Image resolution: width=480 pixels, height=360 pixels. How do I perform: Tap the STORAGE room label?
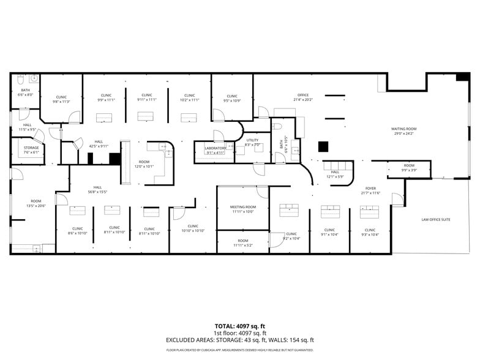31,148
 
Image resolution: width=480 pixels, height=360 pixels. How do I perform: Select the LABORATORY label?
216,148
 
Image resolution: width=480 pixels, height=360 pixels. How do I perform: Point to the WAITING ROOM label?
403,129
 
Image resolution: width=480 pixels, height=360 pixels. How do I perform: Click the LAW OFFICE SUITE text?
435,219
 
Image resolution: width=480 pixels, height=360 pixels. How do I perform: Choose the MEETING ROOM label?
242,207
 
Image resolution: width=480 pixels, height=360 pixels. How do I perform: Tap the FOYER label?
370,188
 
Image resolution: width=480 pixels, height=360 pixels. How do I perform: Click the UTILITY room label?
252,140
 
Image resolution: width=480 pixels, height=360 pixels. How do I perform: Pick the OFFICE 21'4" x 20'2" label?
302,95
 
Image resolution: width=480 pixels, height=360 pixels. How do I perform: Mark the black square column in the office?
323,146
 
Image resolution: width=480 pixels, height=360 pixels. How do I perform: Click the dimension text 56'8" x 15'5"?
97,192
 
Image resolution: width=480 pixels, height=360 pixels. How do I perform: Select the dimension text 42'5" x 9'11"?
99,146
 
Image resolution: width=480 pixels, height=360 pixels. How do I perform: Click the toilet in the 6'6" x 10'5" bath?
277,127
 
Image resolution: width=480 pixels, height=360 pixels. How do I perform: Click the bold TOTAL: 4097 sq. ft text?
239,326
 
